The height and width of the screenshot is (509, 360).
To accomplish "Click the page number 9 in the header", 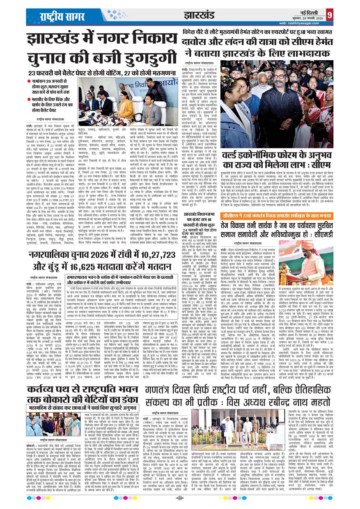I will tap(352, 15).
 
